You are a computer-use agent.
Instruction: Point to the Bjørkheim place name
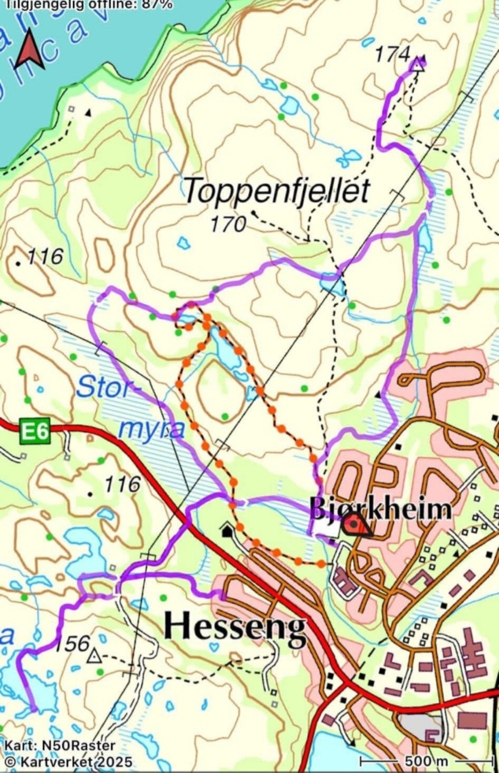[380, 509]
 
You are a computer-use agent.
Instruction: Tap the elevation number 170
[229, 224]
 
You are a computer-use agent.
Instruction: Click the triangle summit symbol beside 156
[94, 657]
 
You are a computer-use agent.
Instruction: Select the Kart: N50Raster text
[60, 746]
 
